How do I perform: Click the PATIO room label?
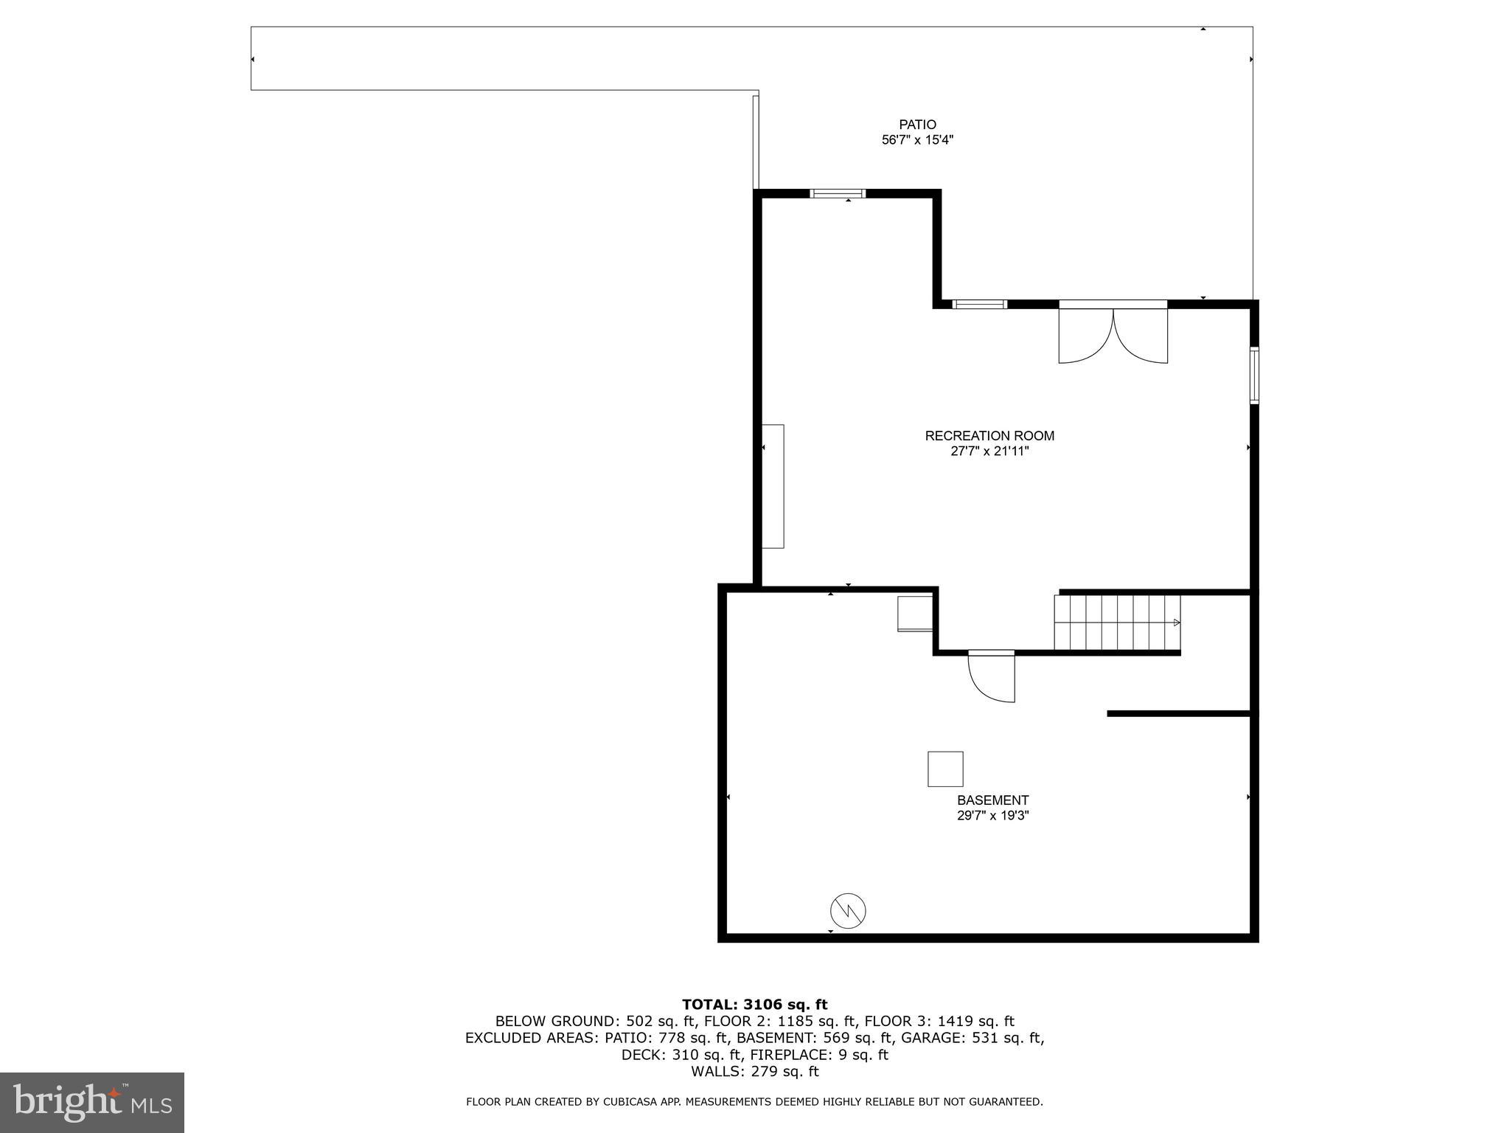click(917, 125)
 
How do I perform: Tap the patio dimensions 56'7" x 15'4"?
click(917, 140)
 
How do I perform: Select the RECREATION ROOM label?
click(989, 436)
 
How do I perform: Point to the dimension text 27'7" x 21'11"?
click(989, 451)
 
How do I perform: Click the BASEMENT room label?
click(992, 800)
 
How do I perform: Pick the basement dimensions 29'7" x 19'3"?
click(992, 816)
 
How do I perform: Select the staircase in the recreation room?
click(1116, 623)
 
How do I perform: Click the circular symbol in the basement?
click(848, 911)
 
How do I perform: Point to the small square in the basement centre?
click(945, 769)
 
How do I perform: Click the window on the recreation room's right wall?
click(1253, 375)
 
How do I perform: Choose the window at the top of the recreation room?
click(838, 194)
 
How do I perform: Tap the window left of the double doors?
click(980, 304)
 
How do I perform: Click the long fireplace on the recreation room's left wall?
click(773, 486)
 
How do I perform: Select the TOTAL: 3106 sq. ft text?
click(754, 1005)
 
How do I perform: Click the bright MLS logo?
click(92, 1102)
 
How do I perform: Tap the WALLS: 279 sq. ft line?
click(754, 1071)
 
